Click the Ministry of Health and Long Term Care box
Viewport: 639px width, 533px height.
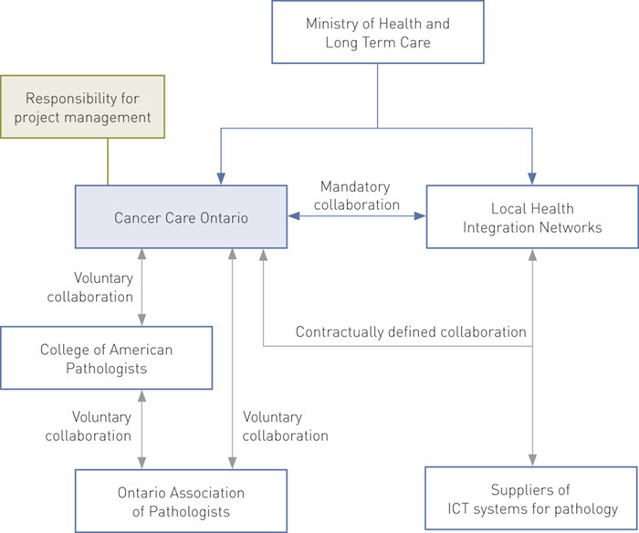[x=377, y=34]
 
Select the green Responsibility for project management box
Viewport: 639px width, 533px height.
[x=82, y=106]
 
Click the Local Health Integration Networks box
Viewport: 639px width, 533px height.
[x=532, y=217]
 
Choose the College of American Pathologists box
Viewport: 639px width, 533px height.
[x=106, y=359]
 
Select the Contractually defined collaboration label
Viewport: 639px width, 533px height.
[x=411, y=331]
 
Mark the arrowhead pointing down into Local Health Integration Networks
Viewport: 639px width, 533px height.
[x=532, y=180]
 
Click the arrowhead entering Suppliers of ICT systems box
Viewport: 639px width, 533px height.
[x=532, y=461]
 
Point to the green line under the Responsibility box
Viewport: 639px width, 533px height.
[x=108, y=162]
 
